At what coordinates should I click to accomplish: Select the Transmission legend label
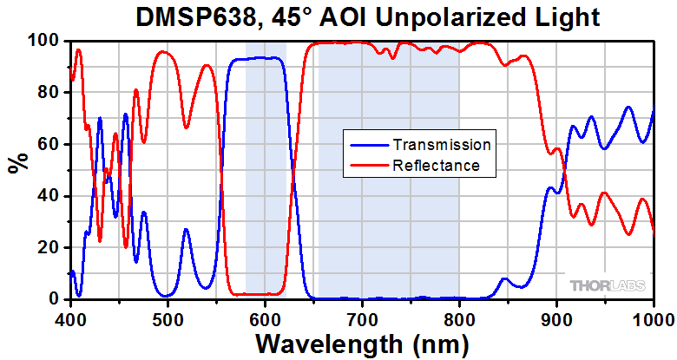point(442,145)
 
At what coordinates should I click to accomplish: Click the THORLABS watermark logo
point(607,285)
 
